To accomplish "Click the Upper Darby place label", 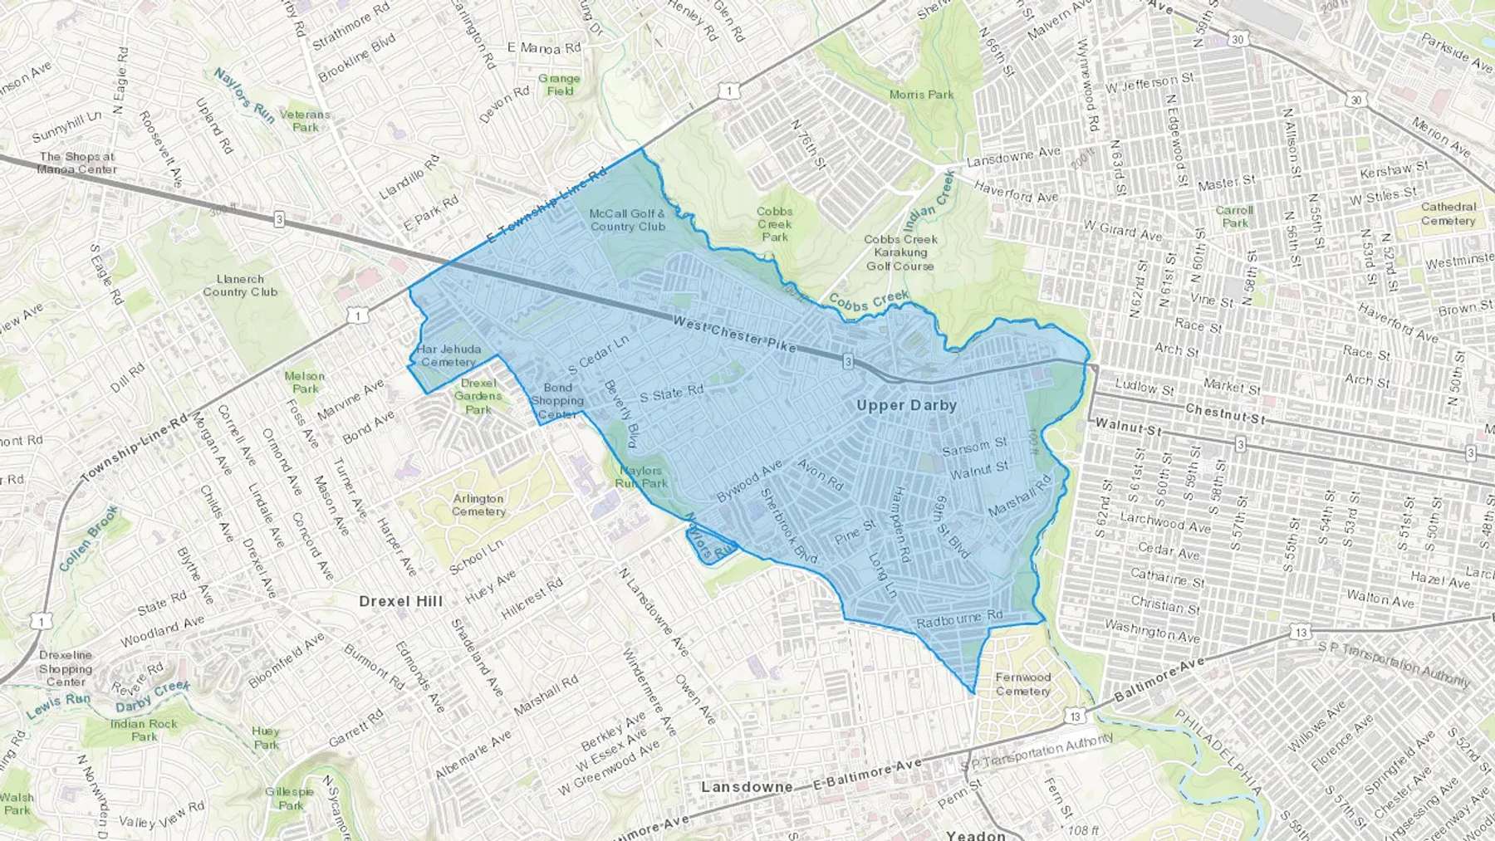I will tap(906, 406).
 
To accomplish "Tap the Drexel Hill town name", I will tap(401, 601).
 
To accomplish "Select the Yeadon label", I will tap(976, 834).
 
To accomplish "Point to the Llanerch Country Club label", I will tap(240, 286).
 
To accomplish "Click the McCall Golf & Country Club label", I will tap(628, 220).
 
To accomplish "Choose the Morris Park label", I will tap(921, 95).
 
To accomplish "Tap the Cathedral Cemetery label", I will tap(1448, 213).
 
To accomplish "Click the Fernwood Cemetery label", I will tap(1023, 684).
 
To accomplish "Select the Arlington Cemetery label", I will tap(478, 505).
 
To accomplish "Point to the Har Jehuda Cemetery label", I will tap(448, 355).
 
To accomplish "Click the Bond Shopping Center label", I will tap(557, 401).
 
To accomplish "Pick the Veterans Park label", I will tap(305, 121).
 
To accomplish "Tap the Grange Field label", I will tap(559, 85).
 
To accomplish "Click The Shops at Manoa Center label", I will tap(77, 163).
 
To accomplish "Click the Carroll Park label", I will tap(1234, 216).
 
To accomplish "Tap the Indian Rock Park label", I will tap(144, 730).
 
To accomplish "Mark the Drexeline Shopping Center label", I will tap(66, 668).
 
